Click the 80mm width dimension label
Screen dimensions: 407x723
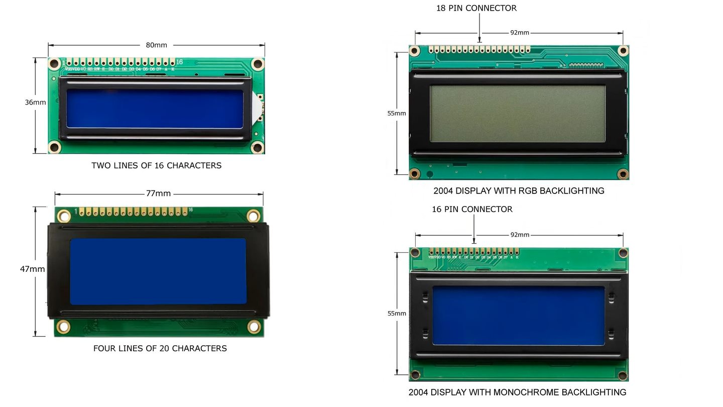(x=156, y=45)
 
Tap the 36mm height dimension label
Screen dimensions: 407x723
(x=35, y=102)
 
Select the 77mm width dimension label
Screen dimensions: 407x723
(x=158, y=193)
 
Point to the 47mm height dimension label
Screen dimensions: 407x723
(x=32, y=269)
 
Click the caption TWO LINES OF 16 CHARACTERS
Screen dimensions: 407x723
(x=156, y=165)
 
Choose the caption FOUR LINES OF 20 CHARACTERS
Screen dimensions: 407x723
(x=160, y=348)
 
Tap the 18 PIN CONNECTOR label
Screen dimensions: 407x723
(x=476, y=8)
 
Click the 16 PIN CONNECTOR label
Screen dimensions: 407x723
(x=472, y=209)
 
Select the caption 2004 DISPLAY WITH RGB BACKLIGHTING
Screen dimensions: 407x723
(x=519, y=191)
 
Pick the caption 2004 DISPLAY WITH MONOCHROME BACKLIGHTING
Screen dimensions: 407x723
(x=517, y=392)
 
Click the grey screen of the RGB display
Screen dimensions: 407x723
(x=517, y=113)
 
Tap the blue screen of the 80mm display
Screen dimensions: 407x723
(x=155, y=109)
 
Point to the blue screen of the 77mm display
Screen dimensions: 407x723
(x=158, y=271)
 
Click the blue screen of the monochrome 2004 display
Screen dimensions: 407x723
(x=518, y=316)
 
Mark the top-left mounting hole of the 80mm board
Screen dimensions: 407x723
(x=55, y=64)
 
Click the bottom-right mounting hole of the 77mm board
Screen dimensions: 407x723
(x=254, y=327)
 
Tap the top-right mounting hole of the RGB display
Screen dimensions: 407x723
(x=623, y=51)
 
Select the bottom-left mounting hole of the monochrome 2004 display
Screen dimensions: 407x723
(x=415, y=375)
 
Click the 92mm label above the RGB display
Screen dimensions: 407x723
(x=520, y=33)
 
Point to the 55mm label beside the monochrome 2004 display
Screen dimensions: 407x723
(x=396, y=314)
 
